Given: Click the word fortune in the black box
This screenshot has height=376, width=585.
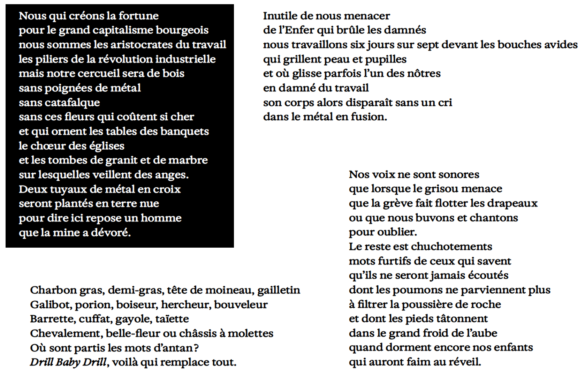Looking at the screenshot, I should click(138, 16).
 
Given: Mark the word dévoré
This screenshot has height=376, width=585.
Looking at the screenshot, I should click(111, 233).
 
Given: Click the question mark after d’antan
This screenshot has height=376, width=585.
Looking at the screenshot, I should click(197, 348).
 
